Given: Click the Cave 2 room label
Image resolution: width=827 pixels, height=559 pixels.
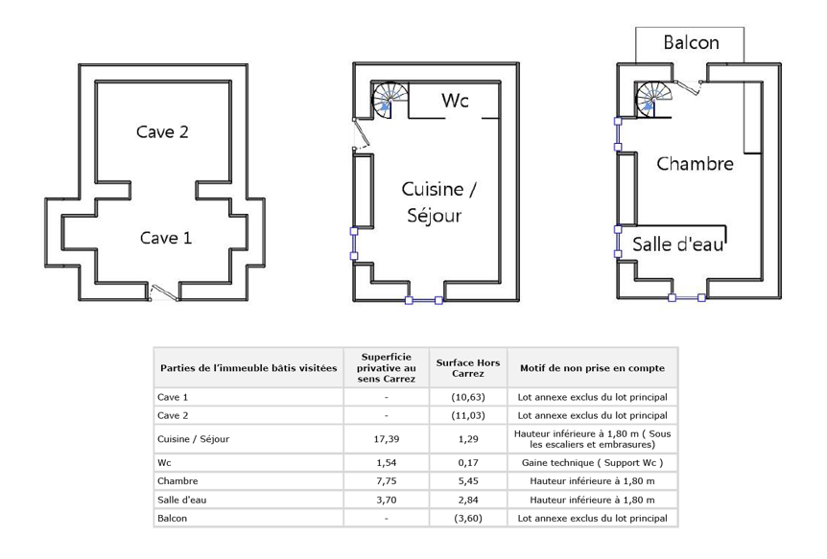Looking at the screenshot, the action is click(x=162, y=132).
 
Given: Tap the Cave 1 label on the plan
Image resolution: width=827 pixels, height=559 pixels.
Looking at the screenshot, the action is click(x=166, y=238).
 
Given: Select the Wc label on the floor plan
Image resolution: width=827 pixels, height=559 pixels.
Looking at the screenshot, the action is click(x=455, y=100).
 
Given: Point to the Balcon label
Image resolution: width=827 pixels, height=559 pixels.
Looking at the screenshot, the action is click(x=691, y=42).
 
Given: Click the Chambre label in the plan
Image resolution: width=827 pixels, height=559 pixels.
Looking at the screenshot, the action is click(x=695, y=163).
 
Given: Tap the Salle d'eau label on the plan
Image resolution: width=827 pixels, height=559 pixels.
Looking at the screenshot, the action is click(x=677, y=245).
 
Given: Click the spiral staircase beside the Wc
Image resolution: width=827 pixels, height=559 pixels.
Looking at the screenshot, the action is click(x=390, y=100).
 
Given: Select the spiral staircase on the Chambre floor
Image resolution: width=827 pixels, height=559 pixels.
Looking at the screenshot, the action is click(x=654, y=99).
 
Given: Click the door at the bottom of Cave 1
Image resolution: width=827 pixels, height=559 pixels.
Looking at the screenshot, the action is click(x=163, y=292).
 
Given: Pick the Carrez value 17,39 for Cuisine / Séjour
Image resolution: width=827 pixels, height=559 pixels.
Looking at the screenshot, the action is click(x=386, y=439).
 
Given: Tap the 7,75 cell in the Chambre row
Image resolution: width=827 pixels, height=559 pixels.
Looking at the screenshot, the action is click(x=386, y=481).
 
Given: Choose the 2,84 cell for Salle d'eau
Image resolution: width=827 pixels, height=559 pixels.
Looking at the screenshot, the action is click(x=468, y=500).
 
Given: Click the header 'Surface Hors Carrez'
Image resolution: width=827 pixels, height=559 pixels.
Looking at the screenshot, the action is click(x=468, y=368).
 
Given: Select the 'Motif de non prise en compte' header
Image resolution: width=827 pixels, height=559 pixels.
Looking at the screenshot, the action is click(x=592, y=368).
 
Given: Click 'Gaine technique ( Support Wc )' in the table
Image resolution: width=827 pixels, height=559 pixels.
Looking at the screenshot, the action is click(x=592, y=462).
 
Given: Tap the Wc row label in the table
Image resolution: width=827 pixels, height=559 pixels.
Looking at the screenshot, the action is click(x=164, y=462).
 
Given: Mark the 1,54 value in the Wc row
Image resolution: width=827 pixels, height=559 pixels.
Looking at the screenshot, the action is click(x=386, y=462).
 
